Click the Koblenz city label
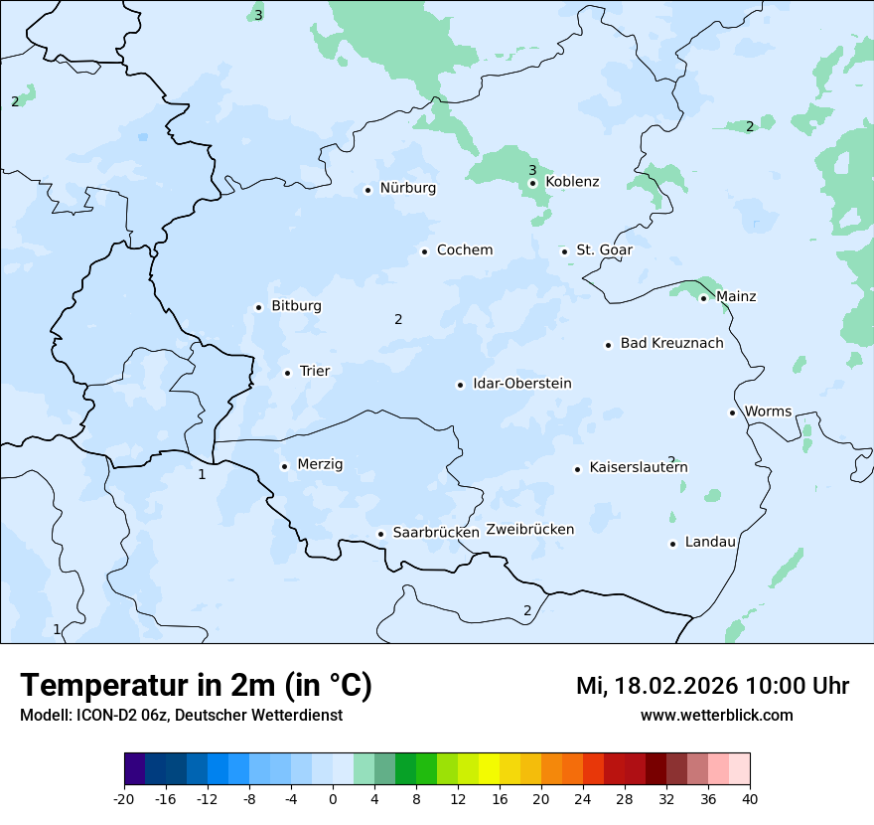point(572,182)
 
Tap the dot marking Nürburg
point(367,190)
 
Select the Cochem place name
point(465,250)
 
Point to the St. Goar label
point(604,250)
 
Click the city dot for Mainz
point(703,298)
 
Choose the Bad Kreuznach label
point(671,344)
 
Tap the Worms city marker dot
point(732,412)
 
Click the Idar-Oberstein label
point(521,384)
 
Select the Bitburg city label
point(296,306)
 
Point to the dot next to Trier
point(287,373)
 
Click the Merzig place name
point(320,464)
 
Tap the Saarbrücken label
point(436,533)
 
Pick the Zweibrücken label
point(529,530)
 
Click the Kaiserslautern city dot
point(577,469)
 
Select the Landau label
point(710,543)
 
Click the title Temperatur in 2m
point(196,686)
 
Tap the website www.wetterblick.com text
point(716,715)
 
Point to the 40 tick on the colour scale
point(749,798)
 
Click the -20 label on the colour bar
point(124,798)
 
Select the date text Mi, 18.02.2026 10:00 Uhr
point(712,686)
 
